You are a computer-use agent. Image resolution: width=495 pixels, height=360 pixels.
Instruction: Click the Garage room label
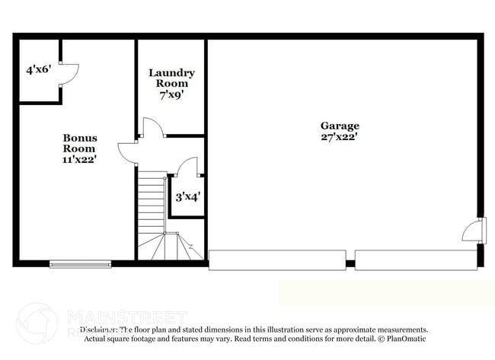(339, 126)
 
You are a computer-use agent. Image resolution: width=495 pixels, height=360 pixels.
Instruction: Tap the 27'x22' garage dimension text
(339, 137)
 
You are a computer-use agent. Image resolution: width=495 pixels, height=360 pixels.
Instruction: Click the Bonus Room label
(79, 143)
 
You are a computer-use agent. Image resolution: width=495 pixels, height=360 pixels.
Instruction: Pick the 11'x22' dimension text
(79, 160)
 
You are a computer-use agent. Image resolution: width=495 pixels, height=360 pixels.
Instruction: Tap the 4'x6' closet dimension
(37, 69)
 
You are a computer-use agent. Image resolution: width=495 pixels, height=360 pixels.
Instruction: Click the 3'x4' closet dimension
(187, 196)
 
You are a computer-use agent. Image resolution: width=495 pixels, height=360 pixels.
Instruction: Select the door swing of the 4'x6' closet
(69, 73)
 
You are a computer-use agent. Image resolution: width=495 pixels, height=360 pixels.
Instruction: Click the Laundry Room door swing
(152, 129)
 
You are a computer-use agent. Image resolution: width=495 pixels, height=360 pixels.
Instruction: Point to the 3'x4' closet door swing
(187, 167)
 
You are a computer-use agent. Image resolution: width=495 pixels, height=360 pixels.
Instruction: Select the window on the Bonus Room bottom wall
(80, 264)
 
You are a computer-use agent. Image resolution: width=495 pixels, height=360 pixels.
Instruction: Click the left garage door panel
(276, 260)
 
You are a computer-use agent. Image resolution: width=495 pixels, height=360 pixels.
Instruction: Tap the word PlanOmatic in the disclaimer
(407, 338)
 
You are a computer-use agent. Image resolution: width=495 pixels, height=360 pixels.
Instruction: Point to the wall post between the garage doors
(350, 264)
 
